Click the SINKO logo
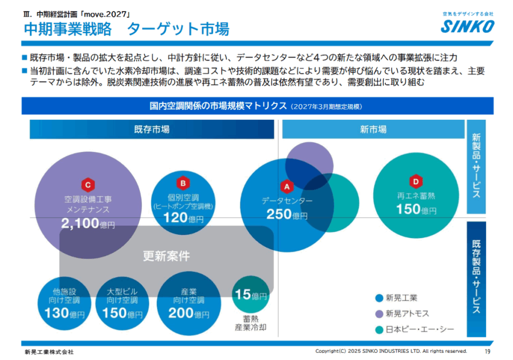tap(467, 27)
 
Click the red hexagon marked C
tap(88, 186)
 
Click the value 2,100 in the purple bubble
tap(80, 224)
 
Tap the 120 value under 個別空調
tap(175, 218)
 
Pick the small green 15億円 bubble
tap(250, 295)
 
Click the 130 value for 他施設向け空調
tap(57, 314)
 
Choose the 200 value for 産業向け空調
tap(181, 314)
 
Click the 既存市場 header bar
tap(151, 129)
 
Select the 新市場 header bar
tap(373, 129)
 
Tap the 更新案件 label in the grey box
tap(166, 256)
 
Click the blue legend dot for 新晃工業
tap(379, 298)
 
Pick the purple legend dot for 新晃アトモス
tap(379, 314)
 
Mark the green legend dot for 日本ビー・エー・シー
tap(379, 329)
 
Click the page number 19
tap(487, 351)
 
